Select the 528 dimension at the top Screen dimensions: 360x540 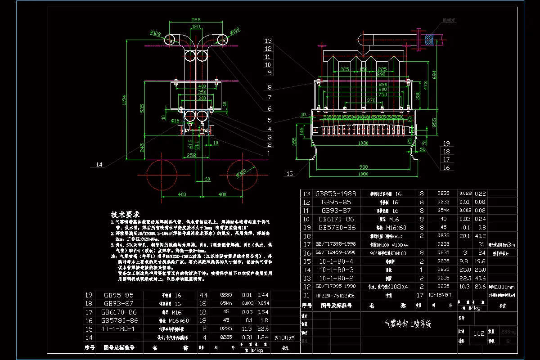tap(195, 20)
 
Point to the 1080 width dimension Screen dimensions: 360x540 tap(363, 174)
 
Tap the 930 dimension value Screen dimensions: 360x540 tap(363, 166)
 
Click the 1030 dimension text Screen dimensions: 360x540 tap(363, 143)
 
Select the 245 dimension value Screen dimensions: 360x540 tap(143, 147)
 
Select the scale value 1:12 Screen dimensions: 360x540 tap(479, 333)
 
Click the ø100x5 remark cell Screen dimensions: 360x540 tap(284, 337)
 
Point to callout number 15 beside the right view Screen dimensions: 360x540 tap(289, 173)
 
